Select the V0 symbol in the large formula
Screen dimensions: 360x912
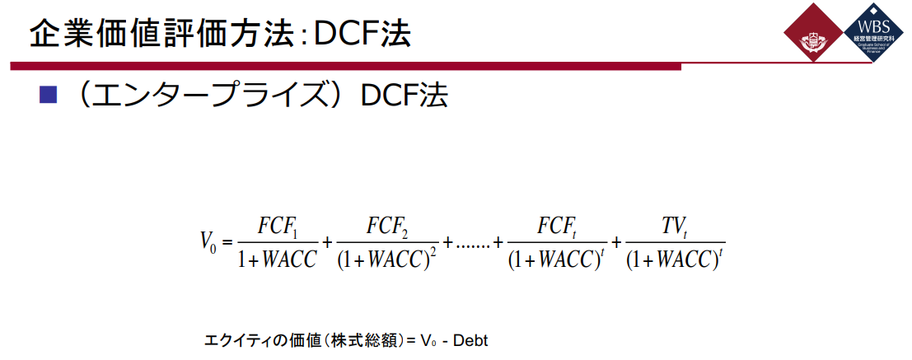coord(208,241)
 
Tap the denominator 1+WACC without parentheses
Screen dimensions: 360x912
coord(277,259)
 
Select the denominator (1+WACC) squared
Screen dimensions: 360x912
coord(386,259)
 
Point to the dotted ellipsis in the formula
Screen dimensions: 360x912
coord(473,243)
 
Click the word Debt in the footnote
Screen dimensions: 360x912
coord(471,339)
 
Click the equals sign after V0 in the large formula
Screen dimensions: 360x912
coord(227,242)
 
